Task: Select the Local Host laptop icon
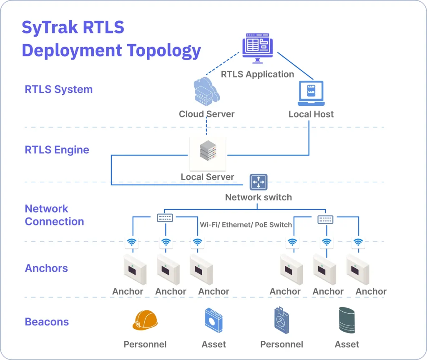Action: [x=311, y=93]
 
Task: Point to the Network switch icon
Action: [x=259, y=182]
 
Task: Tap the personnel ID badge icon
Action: [x=281, y=320]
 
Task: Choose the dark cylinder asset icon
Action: [x=347, y=320]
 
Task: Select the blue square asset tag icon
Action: [x=214, y=320]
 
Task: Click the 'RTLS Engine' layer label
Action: [x=57, y=150]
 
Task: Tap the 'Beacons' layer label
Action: [x=47, y=322]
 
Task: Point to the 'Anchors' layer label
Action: [x=46, y=268]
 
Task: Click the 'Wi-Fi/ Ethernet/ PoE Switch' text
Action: [x=246, y=225]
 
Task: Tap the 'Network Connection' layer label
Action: [x=54, y=215]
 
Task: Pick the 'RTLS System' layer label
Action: [x=59, y=90]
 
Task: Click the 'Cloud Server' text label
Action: [x=206, y=114]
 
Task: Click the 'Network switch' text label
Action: [x=258, y=197]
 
